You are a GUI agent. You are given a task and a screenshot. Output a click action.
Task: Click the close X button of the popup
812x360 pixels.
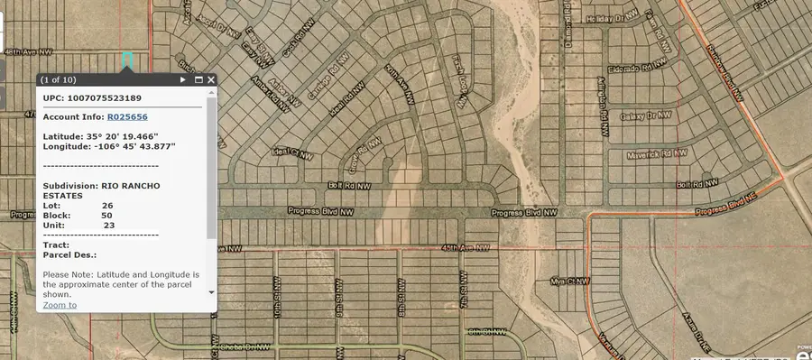point(211,79)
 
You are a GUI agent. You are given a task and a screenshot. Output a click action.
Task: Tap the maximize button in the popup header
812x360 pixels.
point(198,79)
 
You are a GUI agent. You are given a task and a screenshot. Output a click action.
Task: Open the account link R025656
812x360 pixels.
point(127,117)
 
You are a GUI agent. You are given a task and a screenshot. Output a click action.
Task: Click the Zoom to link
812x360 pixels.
point(60,305)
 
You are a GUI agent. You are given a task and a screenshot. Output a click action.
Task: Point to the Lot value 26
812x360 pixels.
point(107,205)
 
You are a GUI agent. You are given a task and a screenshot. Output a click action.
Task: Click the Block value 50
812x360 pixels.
point(107,216)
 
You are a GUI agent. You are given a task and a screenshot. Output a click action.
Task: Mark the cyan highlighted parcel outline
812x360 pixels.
point(127,60)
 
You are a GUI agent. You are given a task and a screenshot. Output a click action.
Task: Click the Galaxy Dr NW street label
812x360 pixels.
point(647,115)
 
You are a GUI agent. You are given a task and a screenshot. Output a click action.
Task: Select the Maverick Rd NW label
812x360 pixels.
point(652,152)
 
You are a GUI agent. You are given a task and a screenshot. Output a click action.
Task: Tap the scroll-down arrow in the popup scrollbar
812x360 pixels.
point(211,292)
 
